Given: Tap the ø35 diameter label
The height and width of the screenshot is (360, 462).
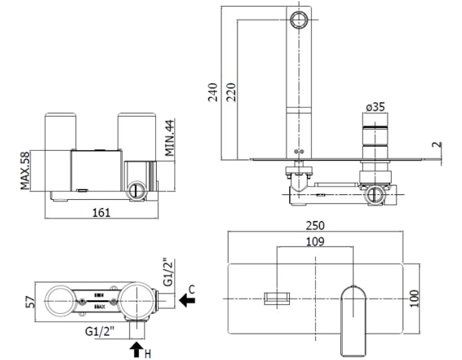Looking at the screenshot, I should (x=375, y=107).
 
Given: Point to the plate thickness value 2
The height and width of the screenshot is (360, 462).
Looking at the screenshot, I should (x=439, y=145).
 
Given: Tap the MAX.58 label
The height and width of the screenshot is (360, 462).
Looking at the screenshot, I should (x=25, y=170).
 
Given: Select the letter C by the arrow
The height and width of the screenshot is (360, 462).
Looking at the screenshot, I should (x=191, y=289).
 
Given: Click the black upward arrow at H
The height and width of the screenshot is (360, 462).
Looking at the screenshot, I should (x=137, y=349).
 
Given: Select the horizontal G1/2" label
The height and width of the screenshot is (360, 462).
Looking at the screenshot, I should (x=100, y=330).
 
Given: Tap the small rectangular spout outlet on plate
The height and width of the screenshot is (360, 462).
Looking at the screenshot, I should (x=277, y=298).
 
